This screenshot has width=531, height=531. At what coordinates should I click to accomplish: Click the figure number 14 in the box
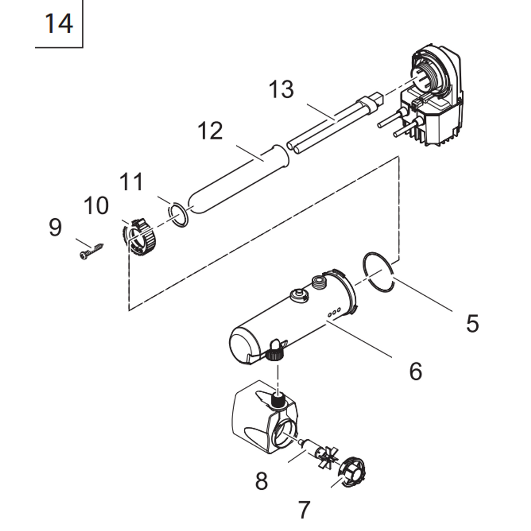tap(58, 24)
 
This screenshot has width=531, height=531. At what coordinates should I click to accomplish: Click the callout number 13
tap(281, 89)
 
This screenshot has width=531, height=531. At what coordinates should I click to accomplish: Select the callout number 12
tap(210, 131)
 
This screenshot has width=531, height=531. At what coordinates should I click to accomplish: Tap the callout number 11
tap(131, 182)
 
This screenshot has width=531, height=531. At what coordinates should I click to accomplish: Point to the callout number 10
tap(96, 205)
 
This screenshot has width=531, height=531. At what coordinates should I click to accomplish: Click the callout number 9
tap(55, 227)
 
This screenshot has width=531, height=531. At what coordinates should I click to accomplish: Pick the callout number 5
tap(473, 324)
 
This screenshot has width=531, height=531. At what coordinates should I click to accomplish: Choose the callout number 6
tap(415, 371)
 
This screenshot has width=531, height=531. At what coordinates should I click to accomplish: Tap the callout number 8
tap(261, 481)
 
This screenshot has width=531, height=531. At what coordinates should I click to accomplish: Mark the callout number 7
tap(304, 510)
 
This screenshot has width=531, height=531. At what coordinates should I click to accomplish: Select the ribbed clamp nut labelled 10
tap(138, 237)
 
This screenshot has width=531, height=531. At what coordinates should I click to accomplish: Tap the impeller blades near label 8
tap(327, 457)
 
